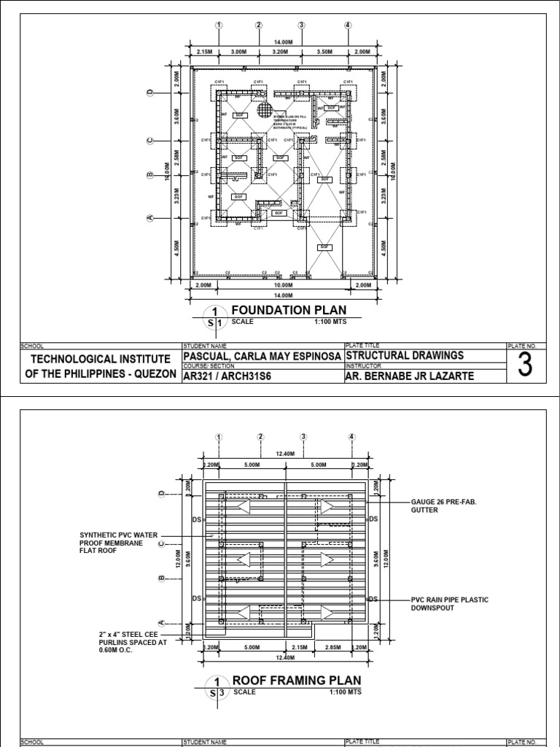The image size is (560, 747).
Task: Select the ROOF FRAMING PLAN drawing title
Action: [296, 680]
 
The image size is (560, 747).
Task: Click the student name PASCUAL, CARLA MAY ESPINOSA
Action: [260, 355]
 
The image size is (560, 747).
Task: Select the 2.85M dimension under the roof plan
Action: [332, 647]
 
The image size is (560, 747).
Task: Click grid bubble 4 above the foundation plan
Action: [348, 25]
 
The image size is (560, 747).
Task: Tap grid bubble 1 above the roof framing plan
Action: [217, 437]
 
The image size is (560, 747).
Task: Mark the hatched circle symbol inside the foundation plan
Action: [264, 109]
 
